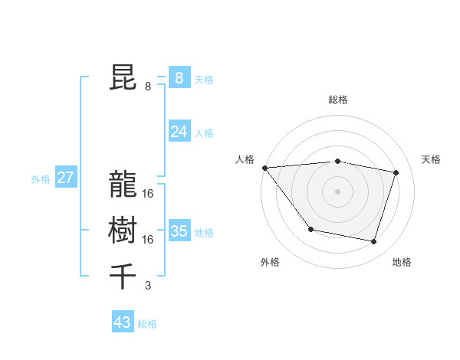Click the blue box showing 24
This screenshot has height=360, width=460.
tap(179, 132)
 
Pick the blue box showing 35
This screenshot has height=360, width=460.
tap(179, 231)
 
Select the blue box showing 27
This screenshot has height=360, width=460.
tap(65, 178)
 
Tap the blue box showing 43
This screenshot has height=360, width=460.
tap(122, 322)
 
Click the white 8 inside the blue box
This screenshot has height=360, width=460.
tap(179, 77)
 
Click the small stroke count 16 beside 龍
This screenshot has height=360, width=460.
tap(148, 194)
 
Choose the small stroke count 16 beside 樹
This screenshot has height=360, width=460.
tap(148, 240)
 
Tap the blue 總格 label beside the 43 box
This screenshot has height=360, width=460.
tap(147, 324)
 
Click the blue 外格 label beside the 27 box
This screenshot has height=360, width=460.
tap(41, 179)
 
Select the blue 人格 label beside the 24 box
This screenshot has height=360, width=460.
tap(204, 133)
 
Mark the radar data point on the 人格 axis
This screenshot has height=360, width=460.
tap(264, 168)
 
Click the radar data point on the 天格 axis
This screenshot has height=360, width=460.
tap(396, 172)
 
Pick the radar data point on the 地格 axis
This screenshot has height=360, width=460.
tap(374, 242)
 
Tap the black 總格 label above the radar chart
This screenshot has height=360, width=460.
tap(338, 100)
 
